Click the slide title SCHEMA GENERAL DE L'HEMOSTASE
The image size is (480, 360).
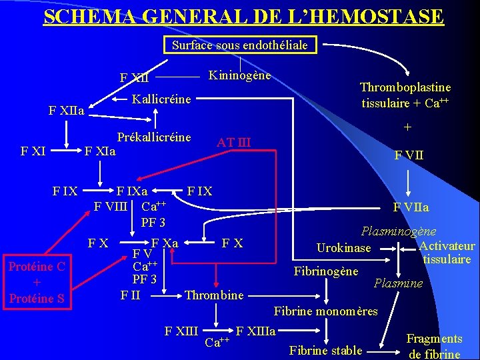[x=243, y=15]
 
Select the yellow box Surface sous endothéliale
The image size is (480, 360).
[x=240, y=46]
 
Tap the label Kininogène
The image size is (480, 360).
[x=240, y=75]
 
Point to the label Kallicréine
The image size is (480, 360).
[x=161, y=99]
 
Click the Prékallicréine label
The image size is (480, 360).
[x=154, y=137]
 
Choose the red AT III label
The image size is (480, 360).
[x=234, y=142]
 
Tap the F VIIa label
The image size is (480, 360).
[x=411, y=207]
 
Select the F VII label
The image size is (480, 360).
[x=409, y=156]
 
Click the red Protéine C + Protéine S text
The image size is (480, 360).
[x=36, y=283]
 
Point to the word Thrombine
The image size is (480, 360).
[x=214, y=295]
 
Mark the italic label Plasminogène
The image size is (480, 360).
[x=398, y=231]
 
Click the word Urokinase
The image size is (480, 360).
[x=343, y=248]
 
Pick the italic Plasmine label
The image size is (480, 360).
[x=398, y=283]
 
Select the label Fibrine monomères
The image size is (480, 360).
[x=326, y=311]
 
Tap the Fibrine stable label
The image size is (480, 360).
[x=326, y=350]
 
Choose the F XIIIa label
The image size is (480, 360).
[x=257, y=331]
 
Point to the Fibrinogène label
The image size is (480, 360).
[x=326, y=271]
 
